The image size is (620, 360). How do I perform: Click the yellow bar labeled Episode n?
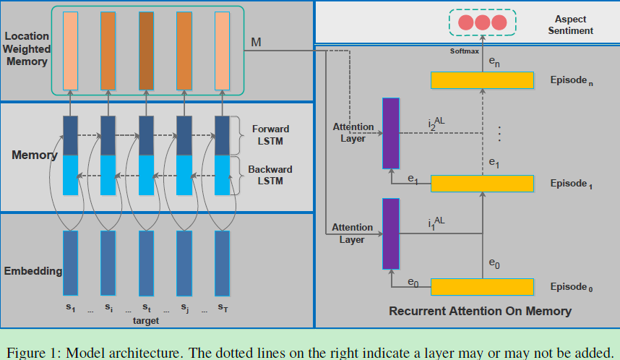coord(482,80)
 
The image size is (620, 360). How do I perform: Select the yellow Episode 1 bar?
coord(482,184)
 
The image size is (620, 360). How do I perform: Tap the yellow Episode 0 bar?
coord(482,287)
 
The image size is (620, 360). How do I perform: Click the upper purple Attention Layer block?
coord(390,133)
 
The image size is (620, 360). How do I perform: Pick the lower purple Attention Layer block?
coord(390,232)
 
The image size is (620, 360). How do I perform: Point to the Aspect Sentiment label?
coord(570,25)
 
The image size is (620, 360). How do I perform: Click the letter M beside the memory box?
coord(256,43)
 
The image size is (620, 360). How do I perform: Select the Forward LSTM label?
coord(270,134)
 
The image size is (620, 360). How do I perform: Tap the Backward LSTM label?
coord(270,174)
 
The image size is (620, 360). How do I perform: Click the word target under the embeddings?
coord(146,320)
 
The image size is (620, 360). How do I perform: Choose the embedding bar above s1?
coord(71,262)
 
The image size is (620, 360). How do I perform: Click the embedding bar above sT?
coord(222,262)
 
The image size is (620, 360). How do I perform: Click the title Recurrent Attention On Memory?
coord(480,312)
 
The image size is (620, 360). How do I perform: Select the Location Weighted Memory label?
coord(27,48)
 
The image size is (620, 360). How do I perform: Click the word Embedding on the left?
coord(33,271)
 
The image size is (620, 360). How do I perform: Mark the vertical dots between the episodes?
coord(499,133)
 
